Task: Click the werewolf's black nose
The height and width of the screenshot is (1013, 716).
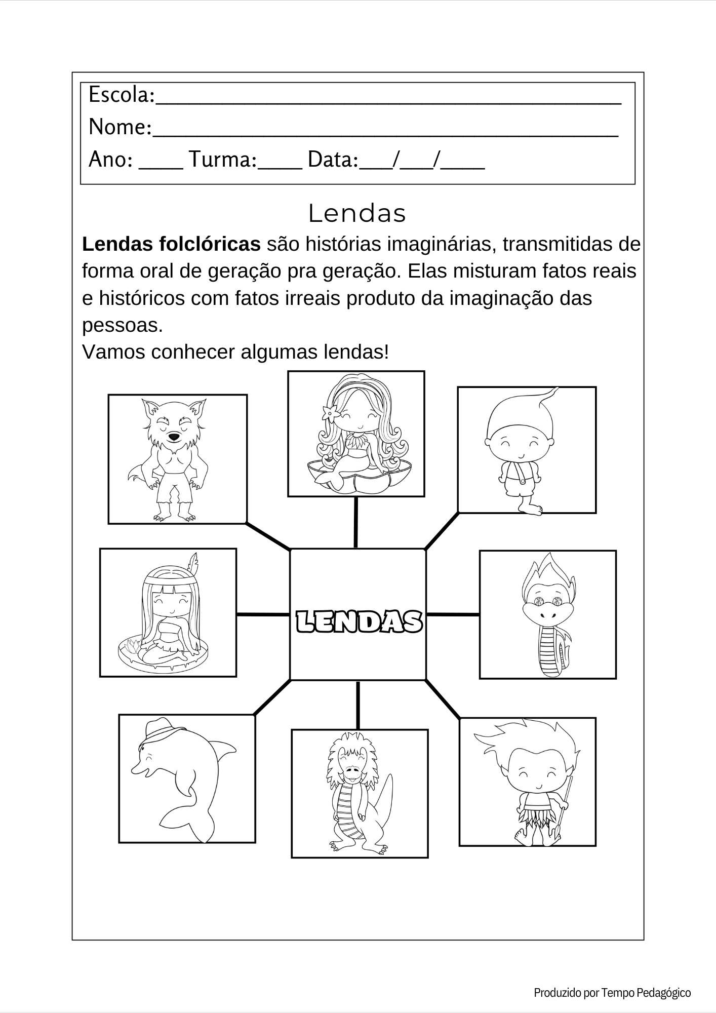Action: point(174,436)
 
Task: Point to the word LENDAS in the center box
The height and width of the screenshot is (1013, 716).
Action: point(358,621)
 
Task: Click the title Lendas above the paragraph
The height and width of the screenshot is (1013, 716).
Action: point(357,214)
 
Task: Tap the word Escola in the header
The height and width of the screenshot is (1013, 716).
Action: point(120,95)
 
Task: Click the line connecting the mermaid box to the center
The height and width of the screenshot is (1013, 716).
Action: point(356,522)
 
